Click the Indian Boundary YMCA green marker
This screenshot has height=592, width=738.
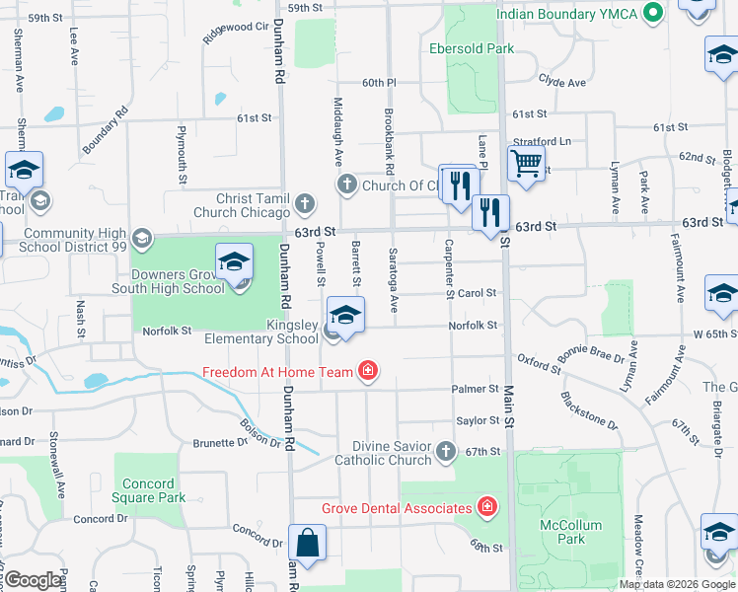pyautogui.click(x=652, y=14)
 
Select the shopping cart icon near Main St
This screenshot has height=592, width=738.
pyautogui.click(x=527, y=163)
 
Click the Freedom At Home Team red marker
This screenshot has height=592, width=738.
pyautogui.click(x=367, y=371)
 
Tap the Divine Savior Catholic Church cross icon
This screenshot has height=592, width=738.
pyautogui.click(x=445, y=452)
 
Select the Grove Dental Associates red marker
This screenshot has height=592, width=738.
pyautogui.click(x=485, y=508)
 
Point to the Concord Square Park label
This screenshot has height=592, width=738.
pyautogui.click(x=148, y=490)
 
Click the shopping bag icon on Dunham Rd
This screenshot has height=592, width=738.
pyautogui.click(x=307, y=543)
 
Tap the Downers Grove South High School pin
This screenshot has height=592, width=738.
pyautogui.click(x=235, y=263)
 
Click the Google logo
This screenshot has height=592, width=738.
pyautogui.click(x=33, y=580)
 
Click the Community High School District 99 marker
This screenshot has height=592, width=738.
pyautogui.click(x=142, y=238)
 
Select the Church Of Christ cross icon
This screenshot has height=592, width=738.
pyautogui.click(x=346, y=185)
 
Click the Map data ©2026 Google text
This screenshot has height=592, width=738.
pyautogui.click(x=677, y=584)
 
